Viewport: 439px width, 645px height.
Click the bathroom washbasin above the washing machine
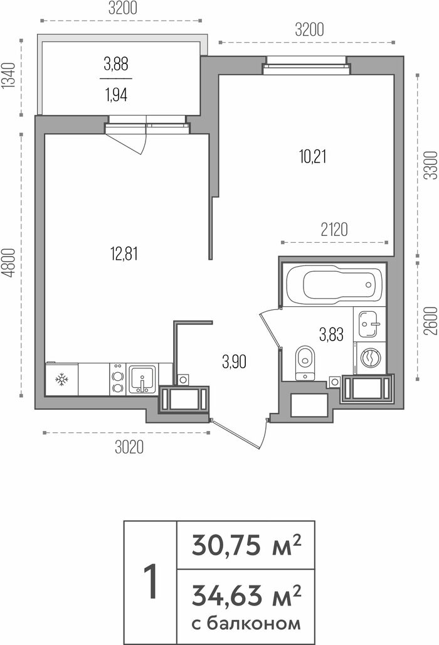point(369,324)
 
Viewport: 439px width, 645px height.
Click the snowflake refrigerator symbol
point(61,379)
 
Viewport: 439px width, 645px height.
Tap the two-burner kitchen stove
point(118,379)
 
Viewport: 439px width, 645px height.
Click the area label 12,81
point(124,254)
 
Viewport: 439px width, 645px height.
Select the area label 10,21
point(313,157)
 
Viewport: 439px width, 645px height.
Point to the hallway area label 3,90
point(234,362)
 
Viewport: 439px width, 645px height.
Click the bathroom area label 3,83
point(331,334)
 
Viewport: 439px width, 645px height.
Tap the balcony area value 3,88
point(116,64)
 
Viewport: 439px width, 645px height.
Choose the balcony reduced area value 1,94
point(116,95)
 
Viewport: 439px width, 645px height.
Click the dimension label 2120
point(334,230)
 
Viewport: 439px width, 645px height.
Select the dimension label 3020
point(129,447)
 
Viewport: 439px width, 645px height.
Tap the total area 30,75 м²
point(246,545)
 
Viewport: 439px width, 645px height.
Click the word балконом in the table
point(253,624)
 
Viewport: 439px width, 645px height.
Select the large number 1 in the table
point(151,582)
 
